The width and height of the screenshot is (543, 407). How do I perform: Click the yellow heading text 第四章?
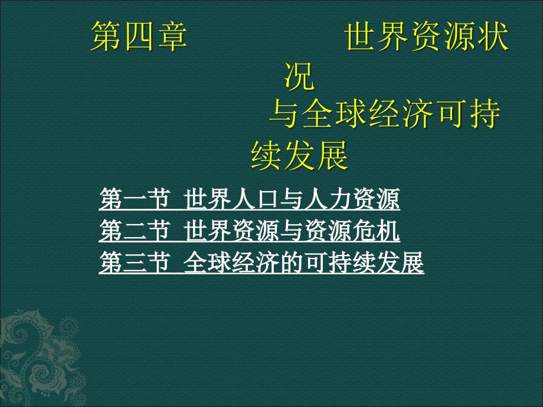(139, 36)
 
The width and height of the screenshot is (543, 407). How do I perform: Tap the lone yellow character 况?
(299, 76)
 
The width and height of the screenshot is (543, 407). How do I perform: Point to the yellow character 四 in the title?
(139, 36)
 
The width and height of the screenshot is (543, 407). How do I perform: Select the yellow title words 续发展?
(299, 155)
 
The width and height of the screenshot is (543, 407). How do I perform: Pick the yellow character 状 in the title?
(493, 36)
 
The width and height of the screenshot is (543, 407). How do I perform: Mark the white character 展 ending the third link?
(413, 262)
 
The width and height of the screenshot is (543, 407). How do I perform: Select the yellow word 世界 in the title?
(377, 36)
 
